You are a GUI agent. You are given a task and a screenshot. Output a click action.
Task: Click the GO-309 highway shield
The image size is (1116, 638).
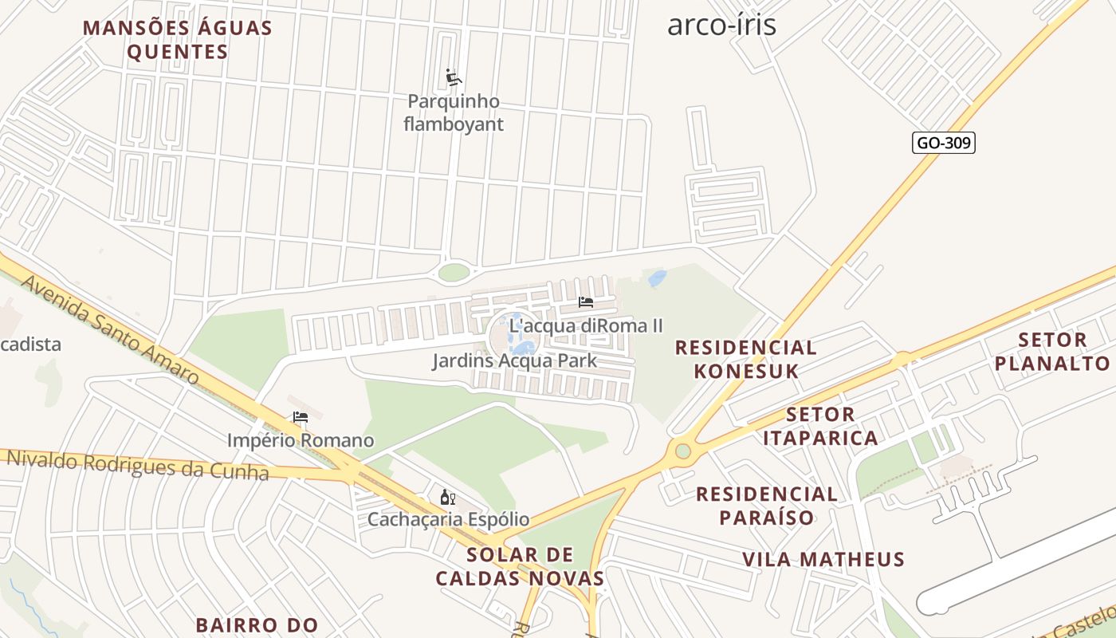(x=943, y=143)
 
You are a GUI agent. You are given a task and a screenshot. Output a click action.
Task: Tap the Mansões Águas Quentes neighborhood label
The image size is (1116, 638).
(x=178, y=40)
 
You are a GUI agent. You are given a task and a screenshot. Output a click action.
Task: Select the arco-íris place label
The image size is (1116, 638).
(x=721, y=25)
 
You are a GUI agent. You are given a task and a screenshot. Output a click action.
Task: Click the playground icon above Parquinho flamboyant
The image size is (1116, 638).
(x=454, y=77)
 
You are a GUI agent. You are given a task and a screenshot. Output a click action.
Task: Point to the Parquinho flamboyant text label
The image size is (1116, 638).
(x=454, y=113)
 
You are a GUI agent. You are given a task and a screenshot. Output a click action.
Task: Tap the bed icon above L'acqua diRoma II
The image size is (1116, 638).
(x=586, y=302)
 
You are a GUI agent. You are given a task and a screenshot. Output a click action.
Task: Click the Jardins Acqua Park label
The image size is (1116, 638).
(x=514, y=361)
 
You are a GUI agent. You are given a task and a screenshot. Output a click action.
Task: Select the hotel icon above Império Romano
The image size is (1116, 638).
(x=301, y=417)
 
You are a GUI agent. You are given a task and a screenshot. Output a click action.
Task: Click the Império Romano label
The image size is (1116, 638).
(x=301, y=440)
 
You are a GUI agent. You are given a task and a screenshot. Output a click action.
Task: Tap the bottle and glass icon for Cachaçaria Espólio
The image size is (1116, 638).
(x=448, y=498)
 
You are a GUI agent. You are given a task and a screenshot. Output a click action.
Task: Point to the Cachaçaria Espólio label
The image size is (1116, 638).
(x=448, y=519)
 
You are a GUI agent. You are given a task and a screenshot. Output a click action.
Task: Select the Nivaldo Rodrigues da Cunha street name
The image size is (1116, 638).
(x=138, y=465)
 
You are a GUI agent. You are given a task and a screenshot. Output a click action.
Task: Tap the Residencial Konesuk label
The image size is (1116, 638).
(x=745, y=359)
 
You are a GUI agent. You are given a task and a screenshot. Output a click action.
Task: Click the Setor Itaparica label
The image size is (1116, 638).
(x=820, y=426)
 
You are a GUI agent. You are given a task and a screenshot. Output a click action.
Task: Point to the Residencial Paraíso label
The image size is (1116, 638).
(x=767, y=506)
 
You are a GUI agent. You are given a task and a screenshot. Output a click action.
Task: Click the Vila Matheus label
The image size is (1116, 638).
(x=823, y=559)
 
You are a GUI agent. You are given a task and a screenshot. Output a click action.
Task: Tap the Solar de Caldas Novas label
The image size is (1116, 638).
(x=520, y=566)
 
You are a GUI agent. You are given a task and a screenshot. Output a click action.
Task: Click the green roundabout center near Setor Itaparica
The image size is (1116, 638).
(x=683, y=451)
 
